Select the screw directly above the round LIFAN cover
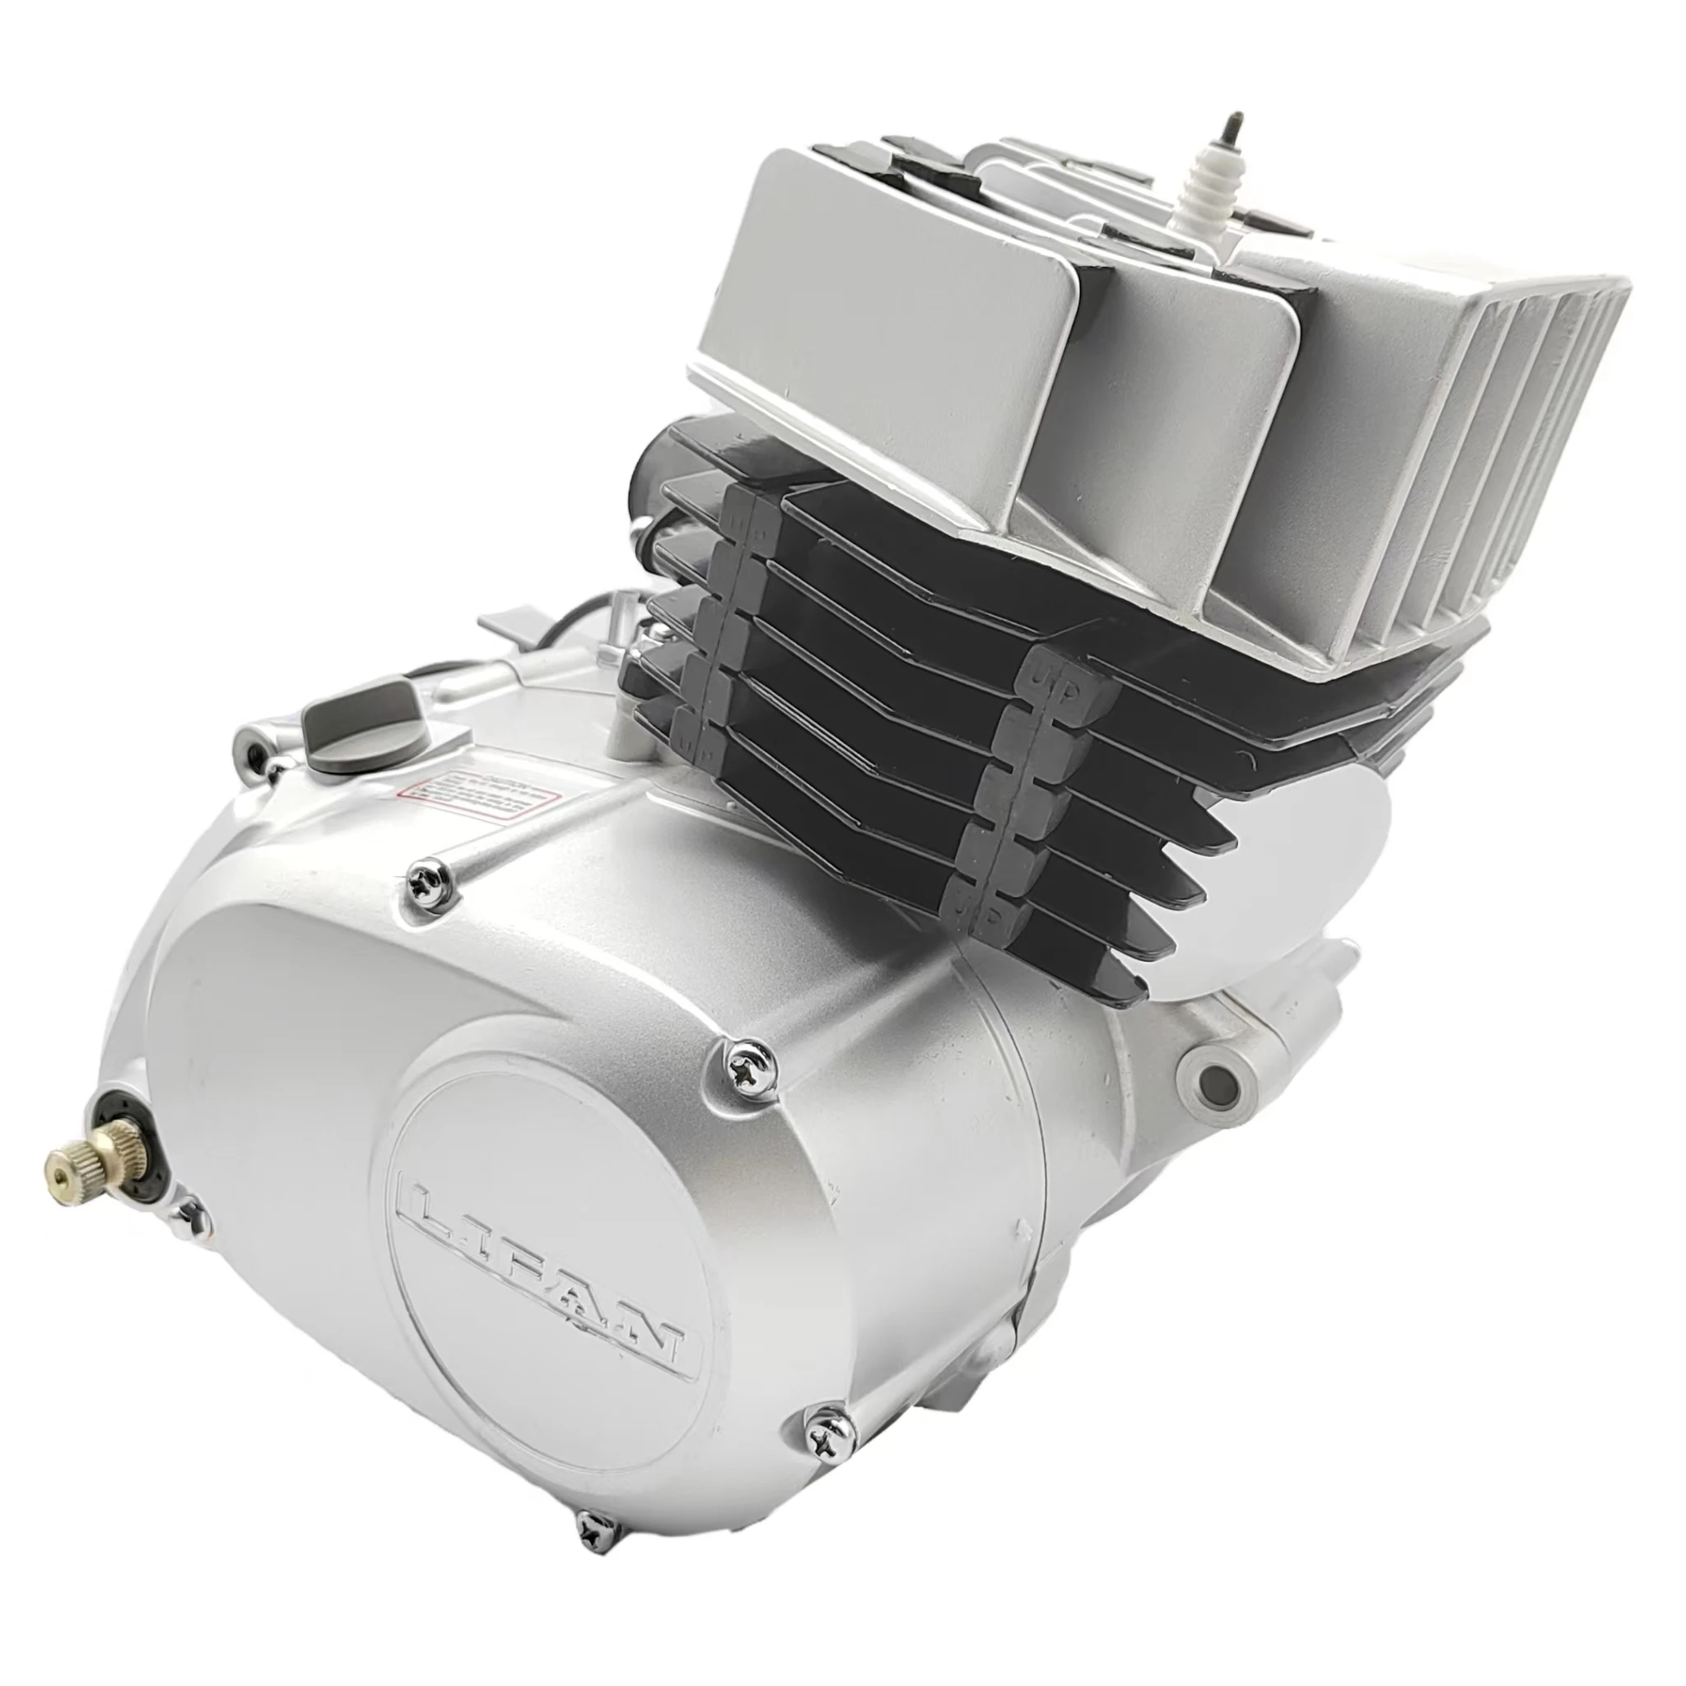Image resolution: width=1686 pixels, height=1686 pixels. click(x=746, y=1062)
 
